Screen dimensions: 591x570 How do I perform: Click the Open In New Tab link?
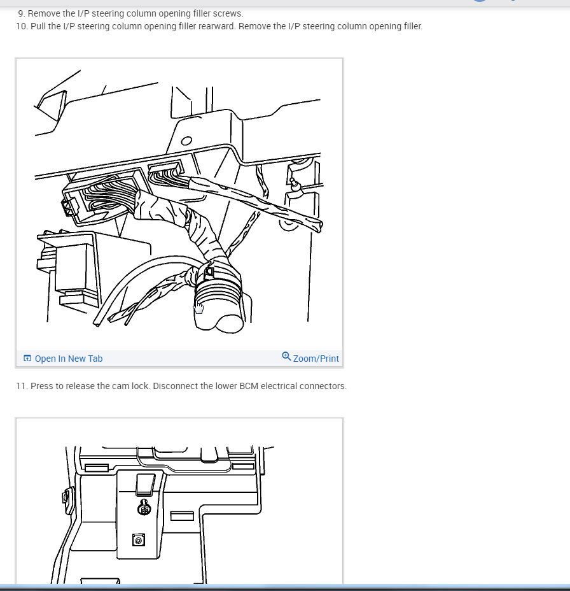[68, 359]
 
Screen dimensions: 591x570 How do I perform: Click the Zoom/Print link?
[316, 359]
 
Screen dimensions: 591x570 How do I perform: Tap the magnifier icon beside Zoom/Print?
[286, 357]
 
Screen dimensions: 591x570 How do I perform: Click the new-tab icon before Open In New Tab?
[27, 359]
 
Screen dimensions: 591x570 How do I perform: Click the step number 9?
[21, 13]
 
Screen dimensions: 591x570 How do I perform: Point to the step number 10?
[22, 26]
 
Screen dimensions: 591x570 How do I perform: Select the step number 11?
[22, 386]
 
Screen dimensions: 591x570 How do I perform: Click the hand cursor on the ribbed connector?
[198, 308]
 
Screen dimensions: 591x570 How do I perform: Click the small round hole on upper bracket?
[186, 141]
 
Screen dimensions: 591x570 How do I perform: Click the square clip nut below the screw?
[138, 539]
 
